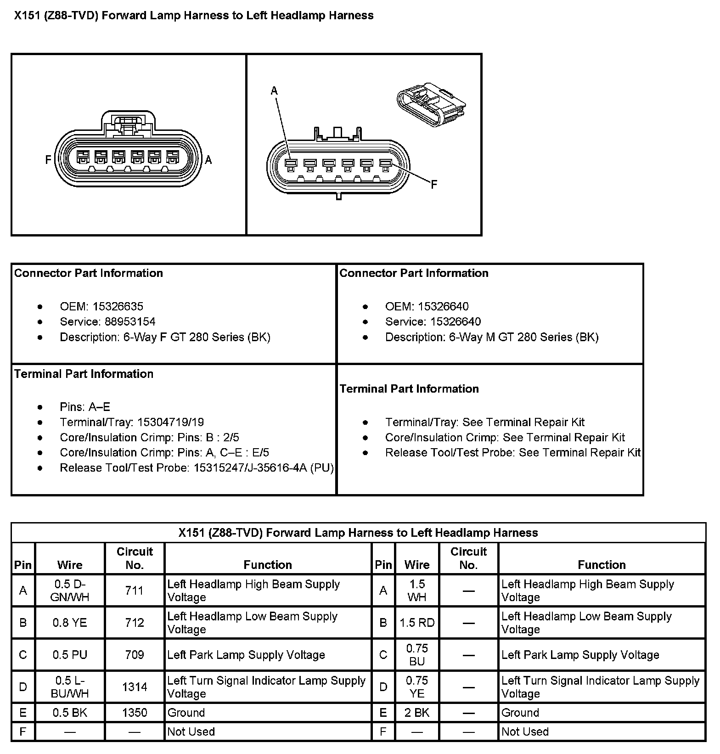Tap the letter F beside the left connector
(48, 160)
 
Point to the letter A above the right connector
(274, 90)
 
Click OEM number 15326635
(118, 306)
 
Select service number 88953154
(130, 321)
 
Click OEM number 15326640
(443, 306)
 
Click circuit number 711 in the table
(135, 591)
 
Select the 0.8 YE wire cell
(70, 623)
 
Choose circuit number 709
(135, 655)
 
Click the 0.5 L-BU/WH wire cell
(70, 687)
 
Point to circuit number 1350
(135, 713)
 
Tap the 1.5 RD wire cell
(417, 623)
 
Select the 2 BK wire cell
(417, 713)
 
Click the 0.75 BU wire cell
(417, 655)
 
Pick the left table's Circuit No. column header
(135, 558)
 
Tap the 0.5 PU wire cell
(70, 655)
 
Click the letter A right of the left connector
(208, 160)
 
